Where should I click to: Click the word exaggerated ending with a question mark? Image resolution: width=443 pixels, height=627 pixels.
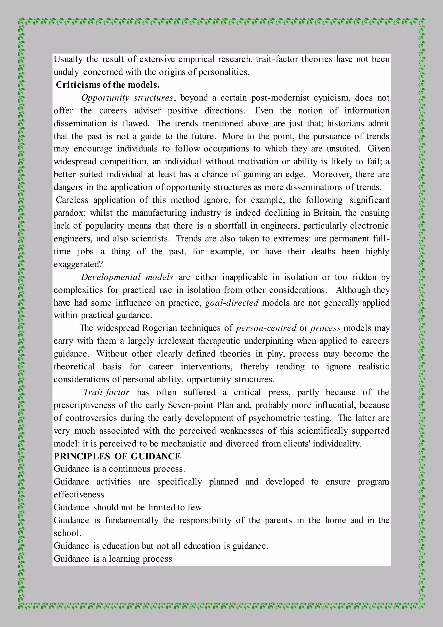[x=78, y=264]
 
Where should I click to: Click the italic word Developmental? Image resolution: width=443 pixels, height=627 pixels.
[x=111, y=277]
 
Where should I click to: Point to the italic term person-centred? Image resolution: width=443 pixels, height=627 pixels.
[x=266, y=328]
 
